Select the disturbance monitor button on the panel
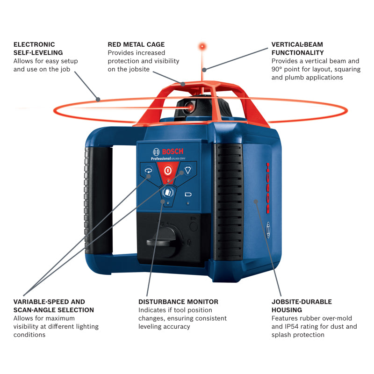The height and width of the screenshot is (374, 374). (x=167, y=192)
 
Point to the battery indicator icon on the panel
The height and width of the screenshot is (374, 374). (x=188, y=193)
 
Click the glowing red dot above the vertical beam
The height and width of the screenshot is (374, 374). (x=202, y=46)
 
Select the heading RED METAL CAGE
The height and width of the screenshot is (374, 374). (x=136, y=44)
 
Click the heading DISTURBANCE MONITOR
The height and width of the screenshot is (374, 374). (x=178, y=302)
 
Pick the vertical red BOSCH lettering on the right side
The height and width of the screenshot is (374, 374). (x=268, y=188)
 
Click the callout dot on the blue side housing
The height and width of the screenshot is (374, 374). (x=256, y=201)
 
